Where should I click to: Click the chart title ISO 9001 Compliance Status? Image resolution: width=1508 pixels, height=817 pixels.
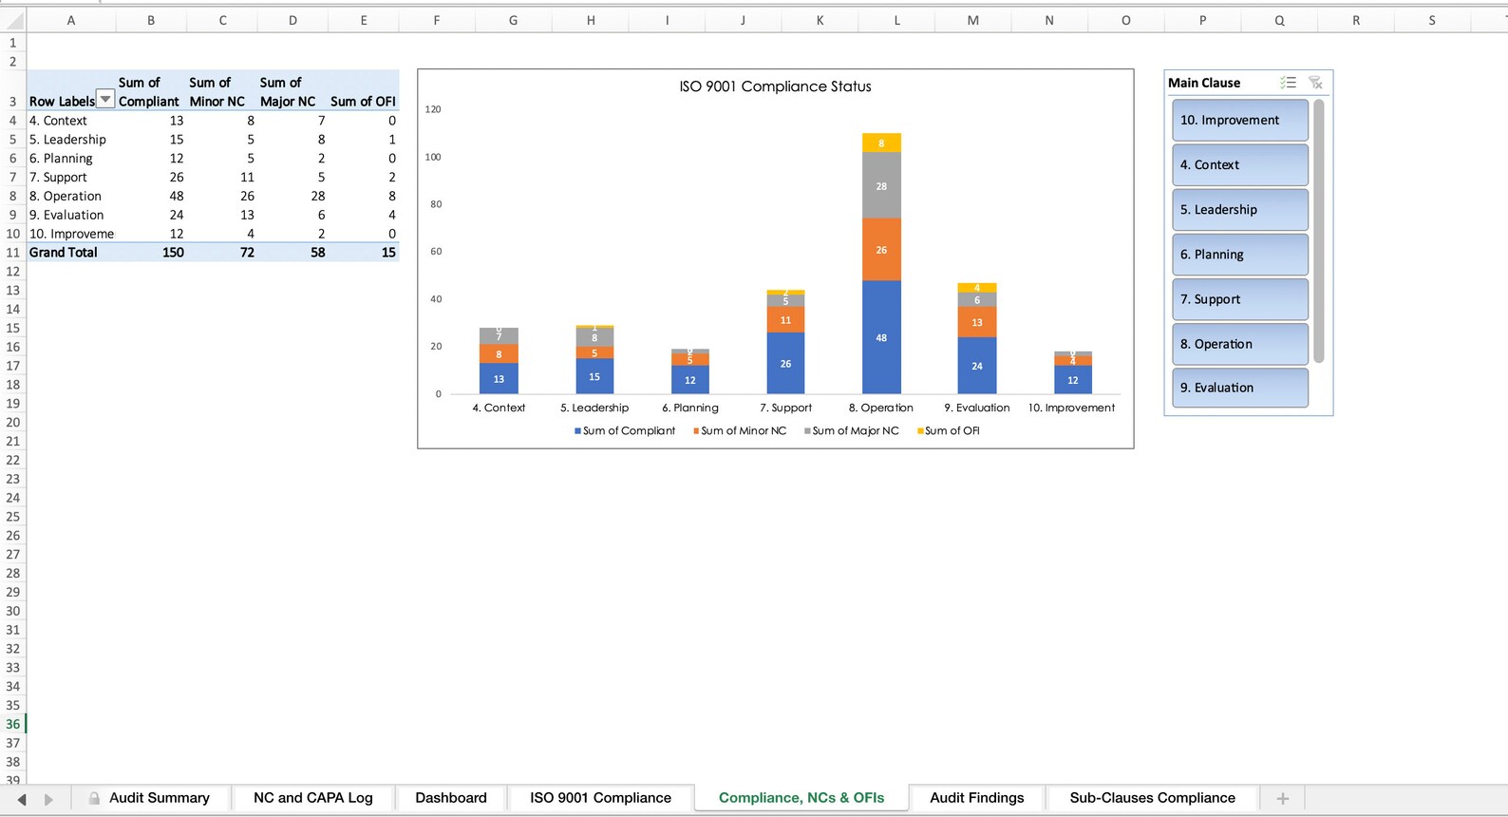click(775, 86)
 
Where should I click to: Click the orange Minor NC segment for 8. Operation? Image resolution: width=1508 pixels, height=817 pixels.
click(881, 250)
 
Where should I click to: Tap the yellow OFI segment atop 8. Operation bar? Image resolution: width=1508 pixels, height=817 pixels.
click(881, 143)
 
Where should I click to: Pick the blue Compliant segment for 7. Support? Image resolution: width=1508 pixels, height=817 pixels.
click(785, 364)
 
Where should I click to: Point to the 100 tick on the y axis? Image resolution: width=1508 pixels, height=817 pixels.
click(433, 157)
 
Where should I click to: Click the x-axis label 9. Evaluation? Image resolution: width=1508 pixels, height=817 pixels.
click(976, 408)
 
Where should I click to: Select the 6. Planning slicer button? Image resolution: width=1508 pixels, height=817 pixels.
click(1239, 255)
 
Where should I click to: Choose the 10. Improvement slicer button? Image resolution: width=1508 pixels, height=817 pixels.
click(1239, 121)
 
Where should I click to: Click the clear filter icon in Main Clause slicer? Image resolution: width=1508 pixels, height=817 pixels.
click(1315, 83)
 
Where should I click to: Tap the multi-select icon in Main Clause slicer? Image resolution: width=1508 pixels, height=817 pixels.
click(1288, 83)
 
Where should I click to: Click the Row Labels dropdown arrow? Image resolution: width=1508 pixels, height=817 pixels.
click(105, 100)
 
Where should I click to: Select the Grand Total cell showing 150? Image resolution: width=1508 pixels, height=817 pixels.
click(173, 253)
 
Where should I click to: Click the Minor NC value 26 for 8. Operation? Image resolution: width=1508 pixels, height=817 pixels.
click(247, 196)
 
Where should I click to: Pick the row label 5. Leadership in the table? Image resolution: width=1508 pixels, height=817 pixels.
click(67, 140)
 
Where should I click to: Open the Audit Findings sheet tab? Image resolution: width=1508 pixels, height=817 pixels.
click(976, 798)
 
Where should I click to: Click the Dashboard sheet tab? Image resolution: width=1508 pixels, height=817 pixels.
click(451, 798)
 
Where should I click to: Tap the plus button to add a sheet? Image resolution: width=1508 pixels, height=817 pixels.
click(1282, 798)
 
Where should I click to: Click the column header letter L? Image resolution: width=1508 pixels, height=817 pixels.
click(896, 20)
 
